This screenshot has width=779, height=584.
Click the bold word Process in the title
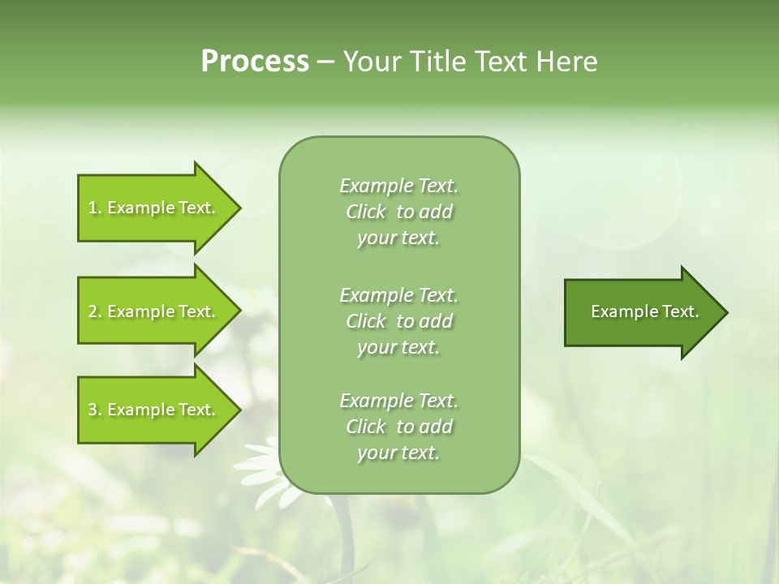pos(255,62)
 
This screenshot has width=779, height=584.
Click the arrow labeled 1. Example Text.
pos(154,208)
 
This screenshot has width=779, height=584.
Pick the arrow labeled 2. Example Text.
pos(154,311)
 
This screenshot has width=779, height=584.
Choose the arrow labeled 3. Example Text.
pos(154,410)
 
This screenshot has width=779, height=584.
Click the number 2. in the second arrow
pos(94,311)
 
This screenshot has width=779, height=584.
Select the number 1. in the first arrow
pos(94,208)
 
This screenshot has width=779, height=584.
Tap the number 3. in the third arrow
pos(94,410)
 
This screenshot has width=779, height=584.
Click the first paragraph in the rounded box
pos(398,212)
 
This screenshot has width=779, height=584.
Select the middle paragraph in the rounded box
pos(398,320)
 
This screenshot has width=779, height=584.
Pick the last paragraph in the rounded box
pos(398,427)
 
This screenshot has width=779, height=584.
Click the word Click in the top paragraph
pos(366,213)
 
